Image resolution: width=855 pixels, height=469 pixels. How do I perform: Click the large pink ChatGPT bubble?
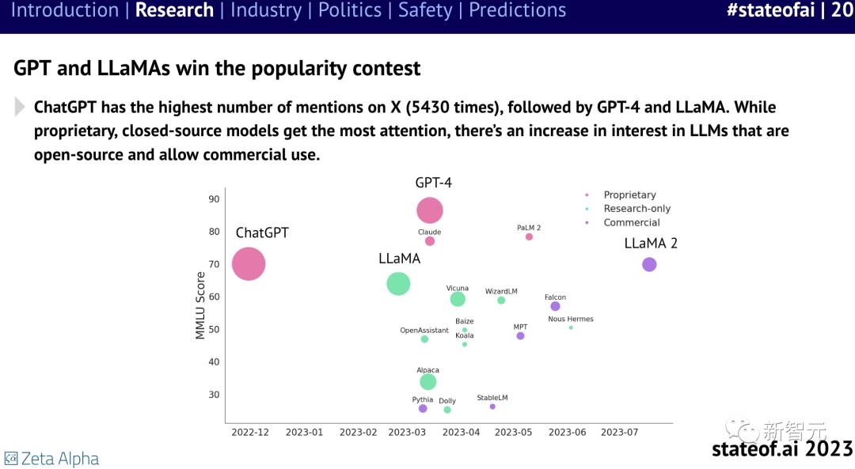249,264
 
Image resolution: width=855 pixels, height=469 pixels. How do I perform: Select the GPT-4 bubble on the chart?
430,210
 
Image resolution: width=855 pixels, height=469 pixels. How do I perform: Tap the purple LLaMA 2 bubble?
649,264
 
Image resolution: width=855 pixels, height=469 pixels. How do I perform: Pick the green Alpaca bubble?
428,382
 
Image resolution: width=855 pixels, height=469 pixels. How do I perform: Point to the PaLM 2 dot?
529,236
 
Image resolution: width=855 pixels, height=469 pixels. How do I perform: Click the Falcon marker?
555,306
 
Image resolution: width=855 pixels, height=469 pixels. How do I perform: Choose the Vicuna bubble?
458,299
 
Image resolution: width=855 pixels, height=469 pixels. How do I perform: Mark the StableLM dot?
492,407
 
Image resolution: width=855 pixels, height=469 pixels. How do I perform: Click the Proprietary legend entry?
629,195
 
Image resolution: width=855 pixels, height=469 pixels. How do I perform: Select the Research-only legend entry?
636,209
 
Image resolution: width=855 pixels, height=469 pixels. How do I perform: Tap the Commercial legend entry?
631,223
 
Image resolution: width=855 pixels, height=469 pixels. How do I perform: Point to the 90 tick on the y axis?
214,199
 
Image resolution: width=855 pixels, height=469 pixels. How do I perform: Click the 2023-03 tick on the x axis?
408,433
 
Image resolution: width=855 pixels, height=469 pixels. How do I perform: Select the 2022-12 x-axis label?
250,433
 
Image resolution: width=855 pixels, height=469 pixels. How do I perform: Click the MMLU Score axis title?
201,306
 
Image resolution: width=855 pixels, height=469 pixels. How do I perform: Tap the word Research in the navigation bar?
174,11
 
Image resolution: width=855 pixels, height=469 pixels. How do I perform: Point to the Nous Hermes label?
570,320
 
